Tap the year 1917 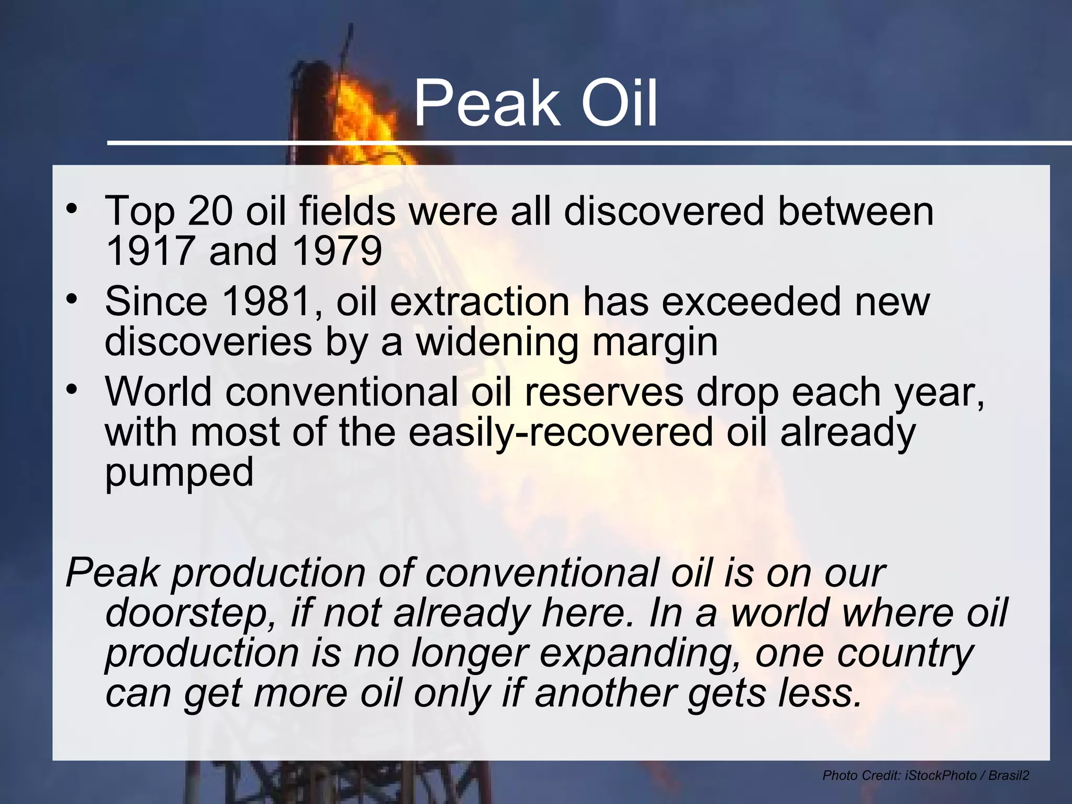pos(150,251)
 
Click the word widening pos(497,342)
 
